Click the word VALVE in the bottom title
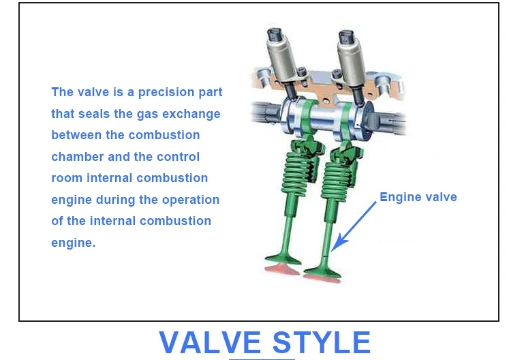210,342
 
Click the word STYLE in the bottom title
322,342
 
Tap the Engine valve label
418,197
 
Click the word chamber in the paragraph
77,157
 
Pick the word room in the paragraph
67,178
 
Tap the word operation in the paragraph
191,200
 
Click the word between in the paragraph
76,135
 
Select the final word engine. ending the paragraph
74,243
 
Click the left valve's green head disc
283,259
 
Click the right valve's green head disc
322,272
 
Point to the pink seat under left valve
282,270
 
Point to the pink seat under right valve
322,279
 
